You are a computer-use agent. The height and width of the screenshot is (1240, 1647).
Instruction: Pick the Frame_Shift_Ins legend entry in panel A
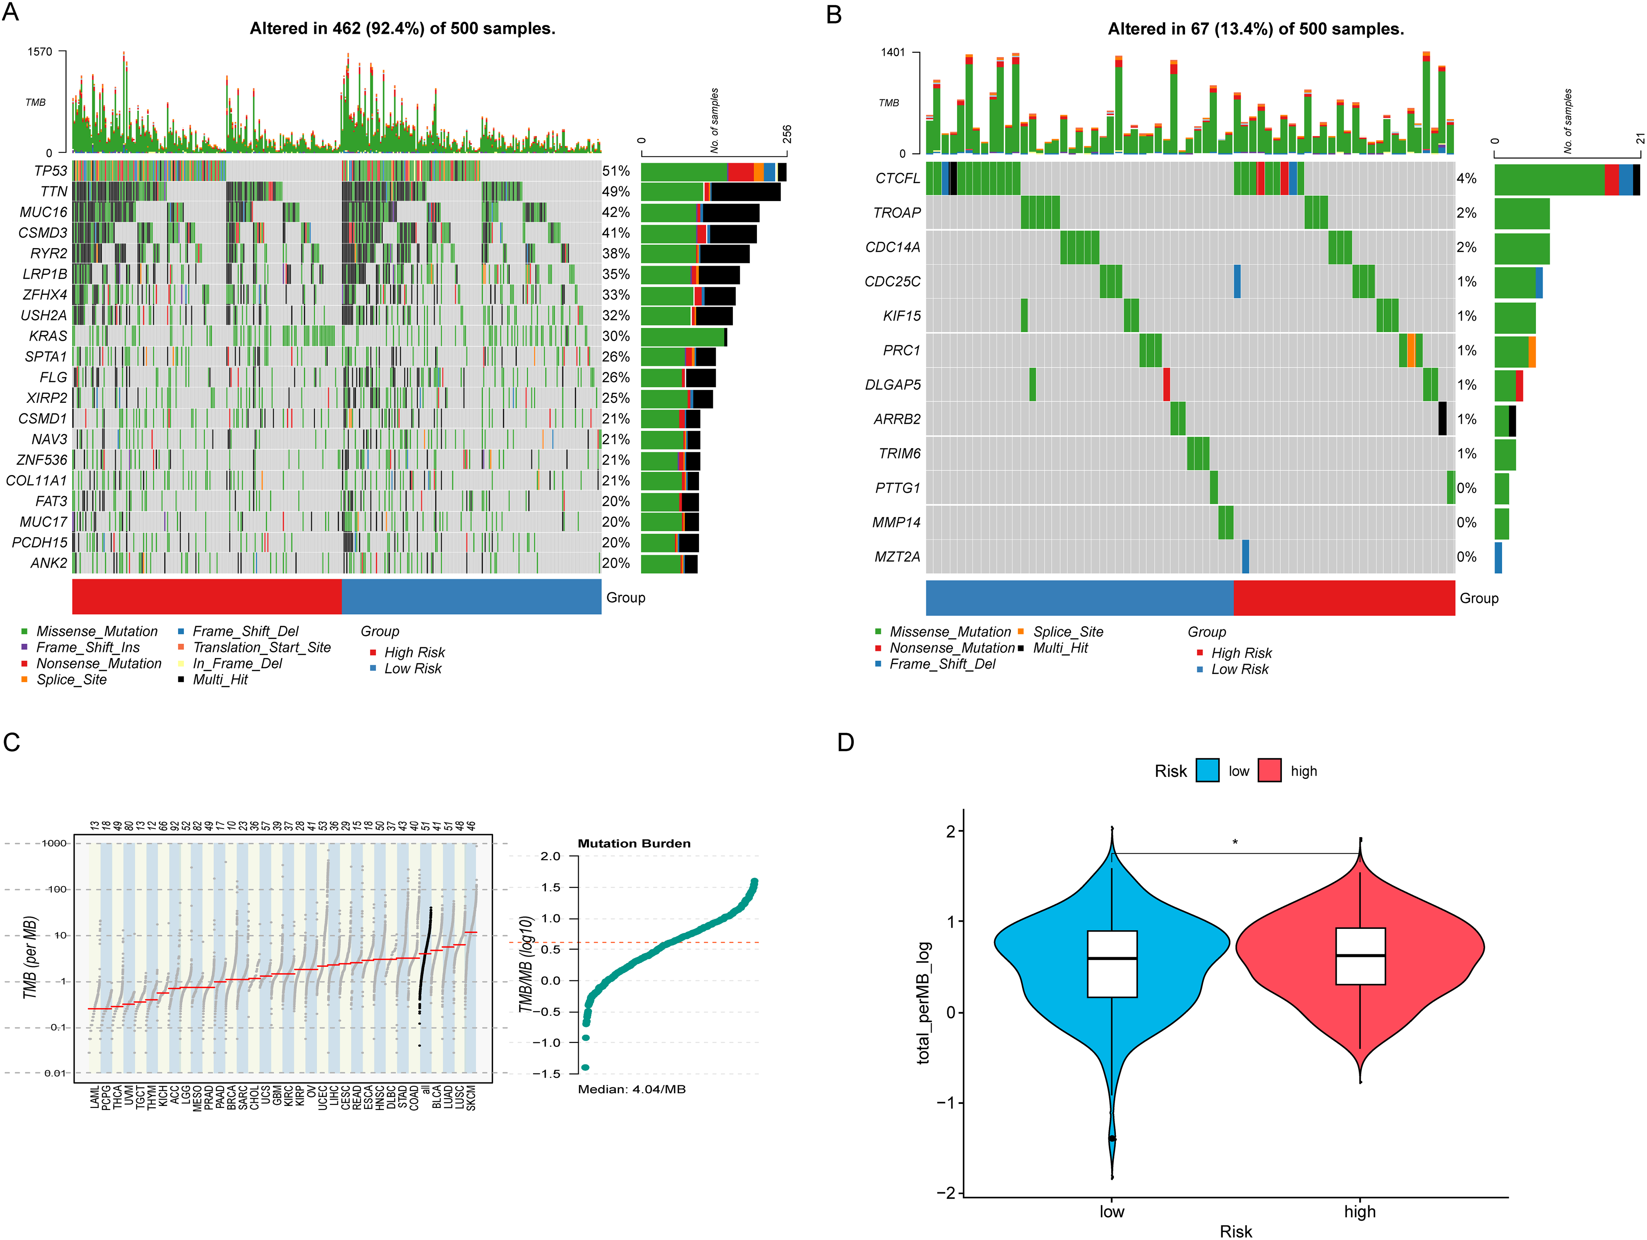click(88, 648)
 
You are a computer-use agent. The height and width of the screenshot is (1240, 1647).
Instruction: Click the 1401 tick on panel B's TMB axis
click(893, 53)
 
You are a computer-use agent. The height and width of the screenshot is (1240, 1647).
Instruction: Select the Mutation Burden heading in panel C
click(634, 843)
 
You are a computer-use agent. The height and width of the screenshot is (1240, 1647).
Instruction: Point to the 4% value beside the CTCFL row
click(1466, 179)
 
